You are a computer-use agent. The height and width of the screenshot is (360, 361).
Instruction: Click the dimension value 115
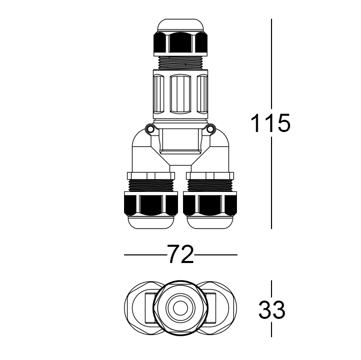pos(271,123)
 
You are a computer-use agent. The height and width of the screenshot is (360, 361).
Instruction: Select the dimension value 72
pos(180,254)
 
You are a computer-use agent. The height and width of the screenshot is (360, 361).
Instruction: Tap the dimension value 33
pos(272,310)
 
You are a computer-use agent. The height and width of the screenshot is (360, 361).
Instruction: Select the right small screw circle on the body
pos(212,129)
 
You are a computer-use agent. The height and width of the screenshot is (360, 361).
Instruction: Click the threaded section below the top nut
pos(181,62)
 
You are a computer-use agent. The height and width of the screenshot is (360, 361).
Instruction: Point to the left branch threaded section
pos(151,182)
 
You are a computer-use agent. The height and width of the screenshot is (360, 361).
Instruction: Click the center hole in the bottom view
pos(180,308)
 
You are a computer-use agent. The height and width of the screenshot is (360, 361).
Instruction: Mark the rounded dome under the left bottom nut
pos(151,222)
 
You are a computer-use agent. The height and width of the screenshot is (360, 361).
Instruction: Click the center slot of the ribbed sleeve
pos(181,94)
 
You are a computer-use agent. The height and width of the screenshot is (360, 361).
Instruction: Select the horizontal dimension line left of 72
pos(143,254)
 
